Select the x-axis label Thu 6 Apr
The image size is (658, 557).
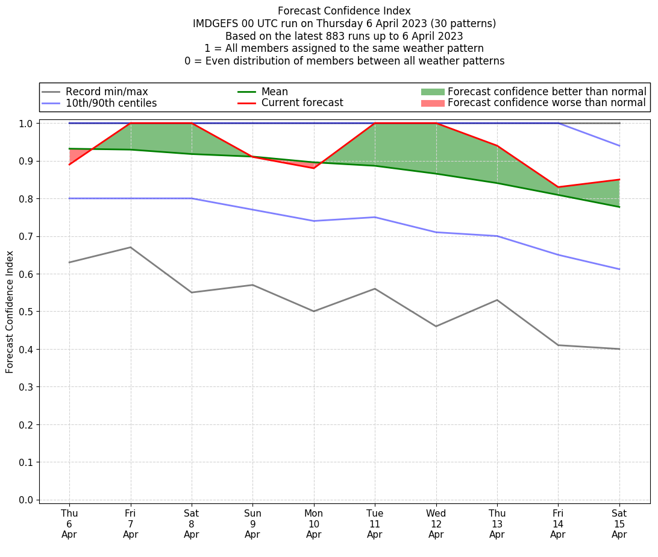pyautogui.click(x=69, y=524)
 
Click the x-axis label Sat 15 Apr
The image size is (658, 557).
pyautogui.click(x=619, y=524)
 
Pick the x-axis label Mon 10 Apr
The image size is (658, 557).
pyautogui.click(x=313, y=524)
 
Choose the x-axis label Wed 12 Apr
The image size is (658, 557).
pyautogui.click(x=436, y=524)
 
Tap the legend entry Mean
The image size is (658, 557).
pyautogui.click(x=274, y=92)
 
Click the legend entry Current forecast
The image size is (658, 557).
pyautogui.click(x=302, y=103)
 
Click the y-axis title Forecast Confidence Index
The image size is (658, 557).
pyautogui.click(x=10, y=312)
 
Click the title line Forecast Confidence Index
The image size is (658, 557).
pyautogui.click(x=344, y=11)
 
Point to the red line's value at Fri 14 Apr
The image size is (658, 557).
pyautogui.click(x=558, y=187)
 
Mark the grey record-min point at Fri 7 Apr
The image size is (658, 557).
pyautogui.click(x=130, y=247)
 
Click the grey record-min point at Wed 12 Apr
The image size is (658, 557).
pyautogui.click(x=436, y=326)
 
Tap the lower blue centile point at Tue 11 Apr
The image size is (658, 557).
pyautogui.click(x=375, y=217)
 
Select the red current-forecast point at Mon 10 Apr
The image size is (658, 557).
pyautogui.click(x=313, y=168)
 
